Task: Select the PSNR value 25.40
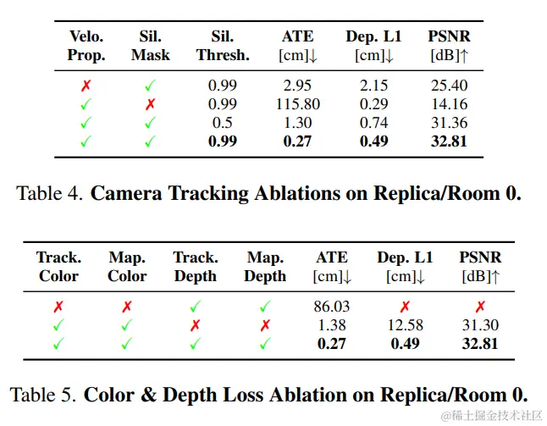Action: coord(449,86)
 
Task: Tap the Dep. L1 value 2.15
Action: coord(373,86)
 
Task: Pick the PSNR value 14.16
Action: coord(449,104)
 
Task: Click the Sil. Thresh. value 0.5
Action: coord(223,123)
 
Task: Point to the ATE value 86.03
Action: coord(331,307)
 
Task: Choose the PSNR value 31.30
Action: coord(480,325)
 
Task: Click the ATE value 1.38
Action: coord(331,325)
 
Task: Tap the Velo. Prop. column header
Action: coord(86,46)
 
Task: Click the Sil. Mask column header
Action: coord(150,46)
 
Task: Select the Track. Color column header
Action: coord(58,267)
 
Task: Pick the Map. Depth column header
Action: coord(265,267)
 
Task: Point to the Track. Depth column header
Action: coord(195,267)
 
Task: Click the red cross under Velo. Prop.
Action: coord(86,86)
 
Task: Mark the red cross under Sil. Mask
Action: coord(150,104)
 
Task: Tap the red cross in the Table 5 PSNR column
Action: coord(480,307)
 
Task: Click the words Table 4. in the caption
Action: coord(50,193)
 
